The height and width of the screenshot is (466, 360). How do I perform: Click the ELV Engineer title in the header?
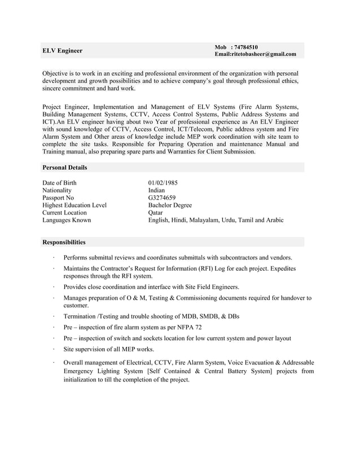pyautogui.click(x=63, y=51)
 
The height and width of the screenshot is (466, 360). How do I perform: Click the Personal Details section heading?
pyautogui.click(x=65, y=168)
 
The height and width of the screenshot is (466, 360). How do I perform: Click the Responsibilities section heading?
pyautogui.click(x=64, y=243)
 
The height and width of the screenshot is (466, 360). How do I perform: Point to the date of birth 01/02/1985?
pyautogui.click(x=163, y=183)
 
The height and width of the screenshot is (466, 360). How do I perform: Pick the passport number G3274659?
pyautogui.click(x=162, y=198)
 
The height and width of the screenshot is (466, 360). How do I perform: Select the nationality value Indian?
pyautogui.click(x=156, y=191)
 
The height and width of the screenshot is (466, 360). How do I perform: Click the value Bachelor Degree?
pyautogui.click(x=170, y=205)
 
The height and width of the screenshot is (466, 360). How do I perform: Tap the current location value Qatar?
pyautogui.click(x=155, y=213)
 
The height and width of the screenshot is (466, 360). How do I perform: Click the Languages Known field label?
pyautogui.click(x=67, y=220)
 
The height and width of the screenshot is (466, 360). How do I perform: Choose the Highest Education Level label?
pyautogui.click(x=74, y=205)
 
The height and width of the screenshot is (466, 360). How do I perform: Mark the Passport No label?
pyautogui.click(x=58, y=198)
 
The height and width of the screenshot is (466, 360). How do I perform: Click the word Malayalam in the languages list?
pyautogui.click(x=205, y=220)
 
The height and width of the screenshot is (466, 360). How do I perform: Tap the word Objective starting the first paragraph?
pyautogui.click(x=58, y=73)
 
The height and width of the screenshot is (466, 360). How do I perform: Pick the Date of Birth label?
pyautogui.click(x=59, y=183)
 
